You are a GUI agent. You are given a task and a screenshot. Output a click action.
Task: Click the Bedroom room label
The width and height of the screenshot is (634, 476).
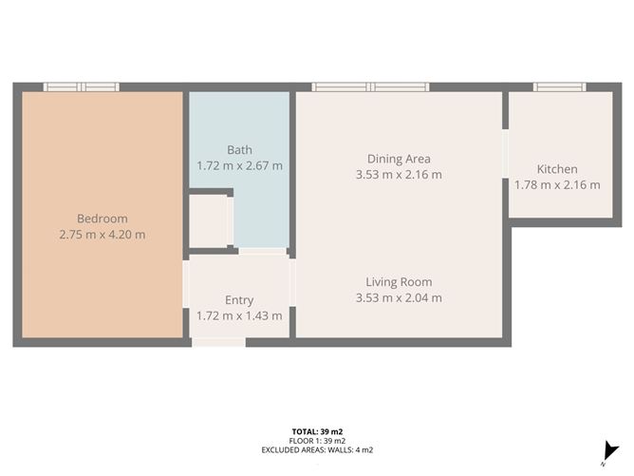click(103, 219)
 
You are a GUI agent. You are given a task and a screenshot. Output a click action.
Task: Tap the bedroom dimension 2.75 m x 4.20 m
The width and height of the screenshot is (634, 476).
click(103, 235)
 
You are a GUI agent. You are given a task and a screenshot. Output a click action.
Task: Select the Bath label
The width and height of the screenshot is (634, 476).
click(239, 150)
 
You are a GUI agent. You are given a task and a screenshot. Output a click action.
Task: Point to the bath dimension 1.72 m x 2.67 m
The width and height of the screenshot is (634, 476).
click(239, 165)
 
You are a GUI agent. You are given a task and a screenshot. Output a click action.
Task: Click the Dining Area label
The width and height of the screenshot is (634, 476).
click(399, 159)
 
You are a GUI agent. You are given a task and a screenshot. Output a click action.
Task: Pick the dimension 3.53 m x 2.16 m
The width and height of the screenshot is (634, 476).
click(399, 175)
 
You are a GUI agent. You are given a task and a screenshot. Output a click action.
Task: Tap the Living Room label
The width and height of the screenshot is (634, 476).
click(399, 282)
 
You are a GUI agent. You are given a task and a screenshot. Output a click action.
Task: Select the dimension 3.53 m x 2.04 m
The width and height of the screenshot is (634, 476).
click(399, 297)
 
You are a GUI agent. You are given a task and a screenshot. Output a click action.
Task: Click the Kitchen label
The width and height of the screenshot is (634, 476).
click(557, 169)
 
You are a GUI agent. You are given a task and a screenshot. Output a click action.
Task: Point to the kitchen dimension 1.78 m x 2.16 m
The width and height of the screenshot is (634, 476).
click(557, 184)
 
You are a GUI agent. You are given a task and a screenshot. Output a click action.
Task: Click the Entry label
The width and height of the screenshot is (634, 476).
click(239, 300)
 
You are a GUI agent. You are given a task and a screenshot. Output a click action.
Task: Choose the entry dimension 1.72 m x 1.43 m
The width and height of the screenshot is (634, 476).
click(239, 315)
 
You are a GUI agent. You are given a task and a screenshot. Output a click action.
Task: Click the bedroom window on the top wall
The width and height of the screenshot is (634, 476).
click(82, 87)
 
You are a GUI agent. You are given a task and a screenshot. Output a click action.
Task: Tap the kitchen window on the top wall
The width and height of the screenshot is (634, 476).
click(560, 87)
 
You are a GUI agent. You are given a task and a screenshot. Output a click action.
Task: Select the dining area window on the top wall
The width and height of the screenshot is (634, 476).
click(370, 87)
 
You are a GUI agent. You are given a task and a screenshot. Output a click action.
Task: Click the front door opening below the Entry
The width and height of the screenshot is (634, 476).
click(218, 342)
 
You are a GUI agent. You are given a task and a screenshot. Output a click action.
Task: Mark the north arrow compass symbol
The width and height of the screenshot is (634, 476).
click(609, 452)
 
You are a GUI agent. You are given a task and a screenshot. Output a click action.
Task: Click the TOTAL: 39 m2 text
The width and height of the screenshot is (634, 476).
click(317, 432)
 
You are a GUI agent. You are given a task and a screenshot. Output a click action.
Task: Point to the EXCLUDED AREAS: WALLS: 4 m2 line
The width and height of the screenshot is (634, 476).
click(317, 449)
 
